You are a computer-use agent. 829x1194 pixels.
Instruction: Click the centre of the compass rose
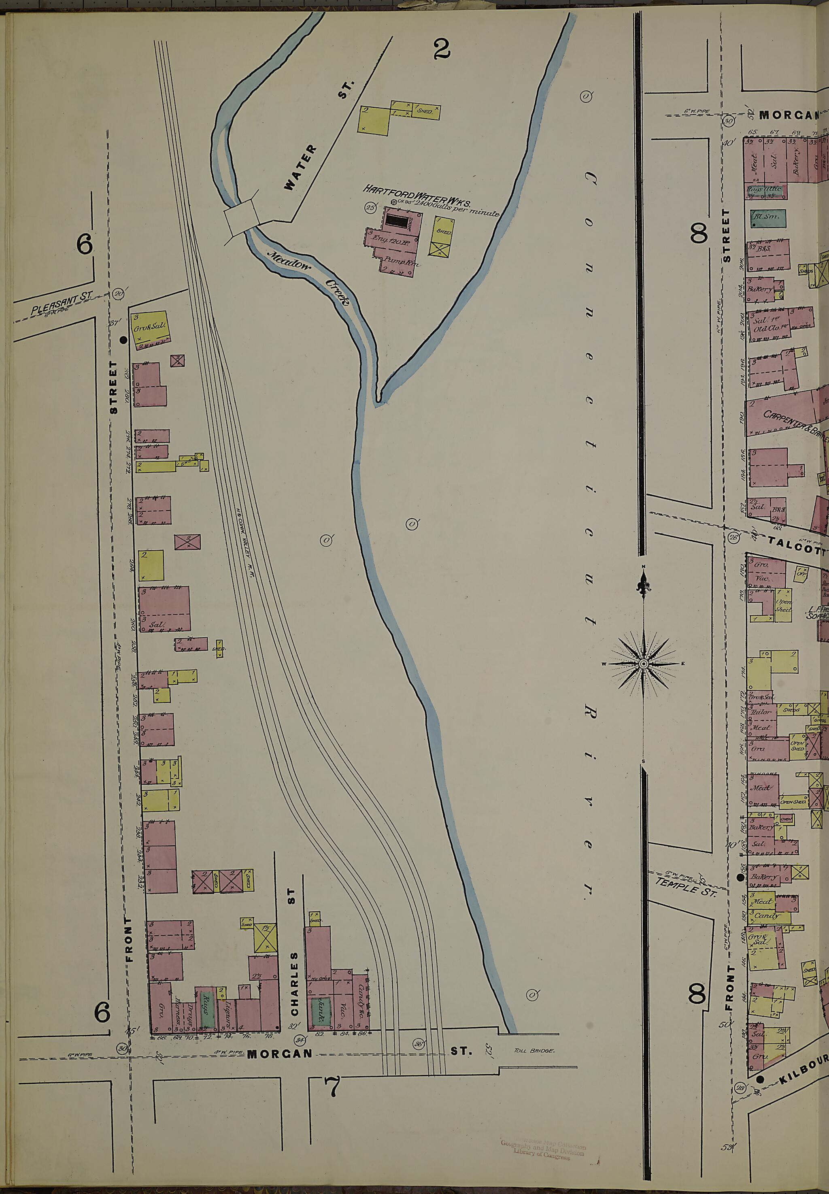(x=644, y=664)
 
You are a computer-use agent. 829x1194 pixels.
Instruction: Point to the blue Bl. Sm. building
(x=767, y=219)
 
